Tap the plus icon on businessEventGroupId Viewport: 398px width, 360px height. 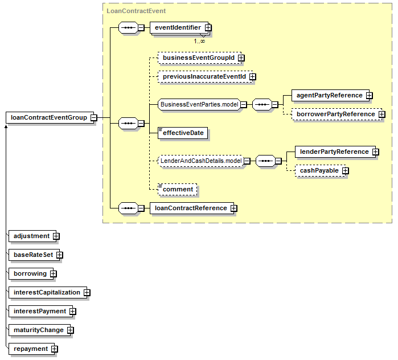[x=241, y=58]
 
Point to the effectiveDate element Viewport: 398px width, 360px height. [x=183, y=133]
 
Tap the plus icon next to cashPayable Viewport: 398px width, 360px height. [x=345, y=171]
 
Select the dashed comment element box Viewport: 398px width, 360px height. [x=177, y=189]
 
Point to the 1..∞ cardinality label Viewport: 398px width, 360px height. [x=199, y=41]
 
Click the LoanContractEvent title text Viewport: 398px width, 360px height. [x=136, y=11]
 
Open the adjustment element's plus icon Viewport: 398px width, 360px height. [x=56, y=236]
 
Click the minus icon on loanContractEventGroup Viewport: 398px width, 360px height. [x=94, y=117]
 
